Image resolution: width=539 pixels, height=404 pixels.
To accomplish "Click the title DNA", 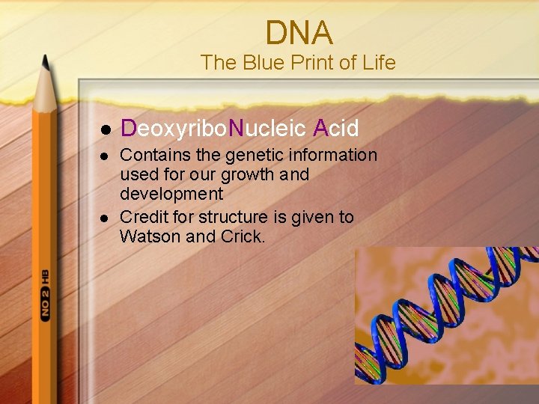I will tap(299, 33).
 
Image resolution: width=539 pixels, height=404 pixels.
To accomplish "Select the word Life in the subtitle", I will tap(378, 63).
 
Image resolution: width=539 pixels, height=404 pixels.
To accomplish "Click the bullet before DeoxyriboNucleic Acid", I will tap(106, 129).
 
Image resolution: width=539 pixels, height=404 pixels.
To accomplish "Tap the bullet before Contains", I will tap(106, 156).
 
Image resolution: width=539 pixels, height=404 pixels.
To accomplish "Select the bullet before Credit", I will tap(106, 218).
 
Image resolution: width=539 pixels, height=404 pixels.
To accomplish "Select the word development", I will tap(171, 194).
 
